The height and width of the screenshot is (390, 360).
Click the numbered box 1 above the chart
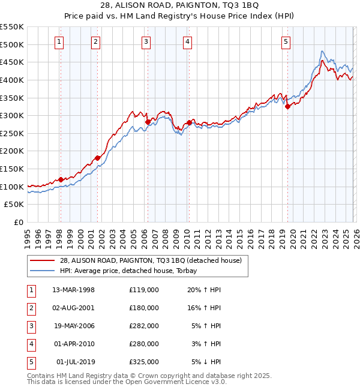60,41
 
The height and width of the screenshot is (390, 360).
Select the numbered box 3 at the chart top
146,41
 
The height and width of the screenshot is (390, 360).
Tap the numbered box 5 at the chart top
286,41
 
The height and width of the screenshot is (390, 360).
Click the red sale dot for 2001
97,158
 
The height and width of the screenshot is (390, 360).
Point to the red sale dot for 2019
287,107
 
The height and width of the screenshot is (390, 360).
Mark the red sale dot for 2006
148,122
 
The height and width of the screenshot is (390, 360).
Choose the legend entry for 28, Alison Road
150,260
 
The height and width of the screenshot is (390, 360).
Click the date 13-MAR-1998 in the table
73,290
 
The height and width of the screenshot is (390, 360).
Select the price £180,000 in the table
143,308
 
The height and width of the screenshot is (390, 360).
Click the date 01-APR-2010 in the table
73,344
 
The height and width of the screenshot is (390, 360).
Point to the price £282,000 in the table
143,326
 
